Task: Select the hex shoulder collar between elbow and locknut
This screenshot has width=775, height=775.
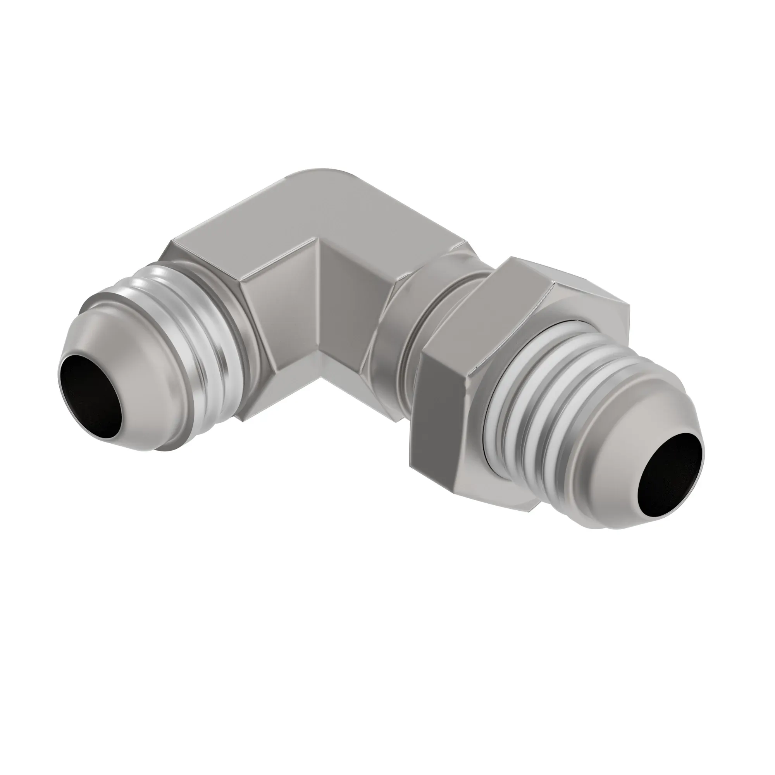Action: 397,321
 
